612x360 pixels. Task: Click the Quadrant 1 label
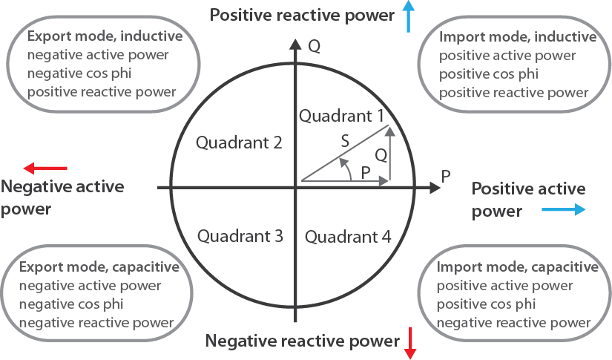(341, 116)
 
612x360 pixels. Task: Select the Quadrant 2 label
(239, 143)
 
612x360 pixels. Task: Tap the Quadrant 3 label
(240, 237)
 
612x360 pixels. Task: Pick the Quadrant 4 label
(348, 238)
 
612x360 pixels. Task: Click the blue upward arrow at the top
(408, 16)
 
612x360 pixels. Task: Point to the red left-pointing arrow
(45, 168)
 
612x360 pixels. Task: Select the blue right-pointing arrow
(563, 210)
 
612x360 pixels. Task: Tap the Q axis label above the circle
(314, 46)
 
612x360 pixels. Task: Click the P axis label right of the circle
(446, 177)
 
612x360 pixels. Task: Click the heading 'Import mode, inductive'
(518, 37)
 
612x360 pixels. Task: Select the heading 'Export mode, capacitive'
(99, 267)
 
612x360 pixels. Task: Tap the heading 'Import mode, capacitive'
(518, 267)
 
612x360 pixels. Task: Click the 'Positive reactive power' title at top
(301, 15)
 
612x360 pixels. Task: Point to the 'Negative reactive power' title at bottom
(302, 341)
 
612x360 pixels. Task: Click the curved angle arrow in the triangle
(345, 173)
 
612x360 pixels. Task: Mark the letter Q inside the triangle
(381, 155)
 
